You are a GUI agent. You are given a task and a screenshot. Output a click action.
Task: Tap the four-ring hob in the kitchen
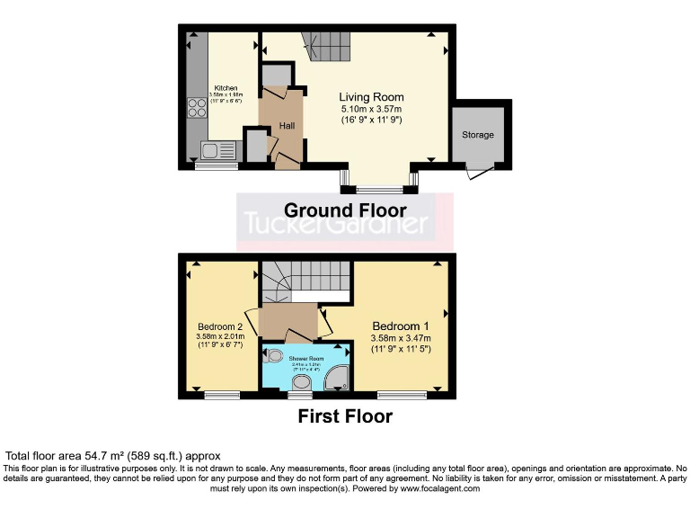[x=196, y=108]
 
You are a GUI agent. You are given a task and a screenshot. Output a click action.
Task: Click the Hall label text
[x=287, y=126]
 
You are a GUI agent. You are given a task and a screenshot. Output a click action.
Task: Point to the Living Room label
[x=371, y=97]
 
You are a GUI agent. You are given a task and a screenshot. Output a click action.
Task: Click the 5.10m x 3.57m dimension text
[x=371, y=109]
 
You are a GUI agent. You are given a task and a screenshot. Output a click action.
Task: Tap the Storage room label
[x=478, y=135]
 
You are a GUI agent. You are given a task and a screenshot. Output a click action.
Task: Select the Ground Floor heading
[x=345, y=210]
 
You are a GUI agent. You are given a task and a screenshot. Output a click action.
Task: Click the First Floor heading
[x=345, y=416]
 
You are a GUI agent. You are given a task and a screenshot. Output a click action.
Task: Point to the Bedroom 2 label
[x=221, y=326]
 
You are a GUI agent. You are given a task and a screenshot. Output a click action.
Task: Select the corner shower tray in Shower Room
[x=338, y=380]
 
